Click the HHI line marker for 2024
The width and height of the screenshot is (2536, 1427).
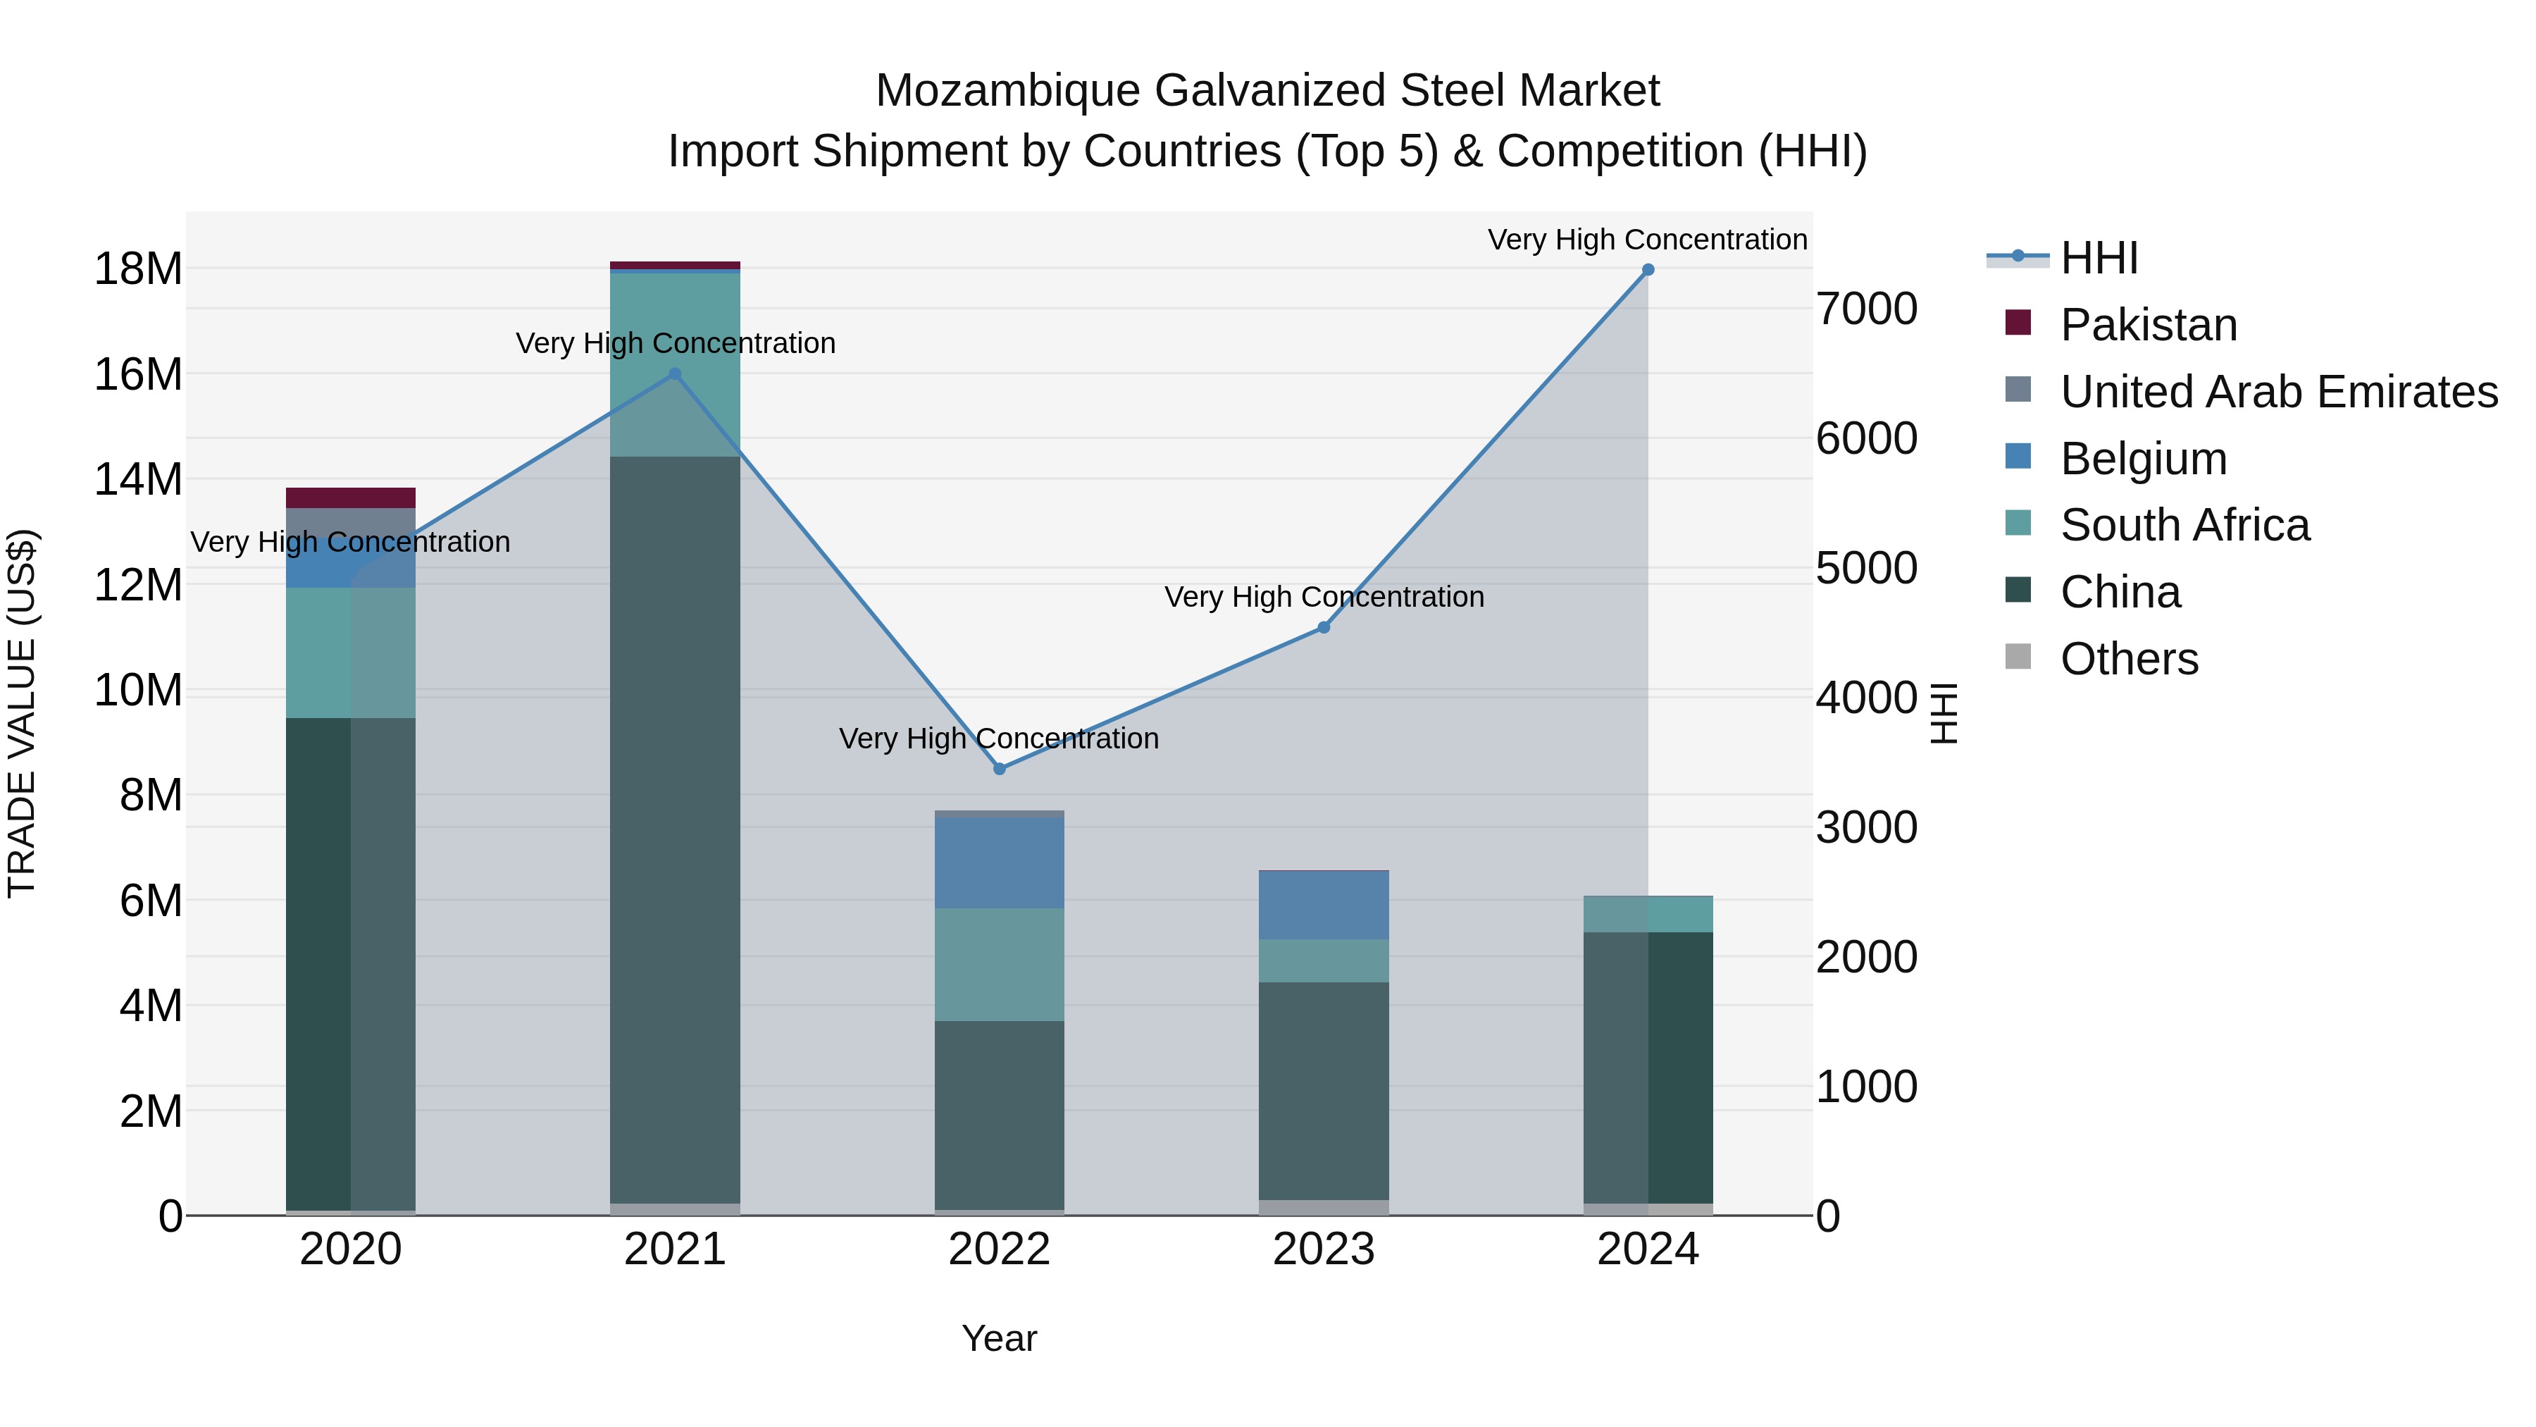tap(1648, 270)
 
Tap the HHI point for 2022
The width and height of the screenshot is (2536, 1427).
tap(999, 769)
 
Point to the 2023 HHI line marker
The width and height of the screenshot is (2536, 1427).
tap(1324, 627)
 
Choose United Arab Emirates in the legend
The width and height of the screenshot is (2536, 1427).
tap(2278, 392)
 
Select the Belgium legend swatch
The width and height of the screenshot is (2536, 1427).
tap(2018, 457)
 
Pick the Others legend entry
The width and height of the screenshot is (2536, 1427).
tap(2128, 659)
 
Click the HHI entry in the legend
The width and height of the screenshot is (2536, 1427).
tap(2099, 258)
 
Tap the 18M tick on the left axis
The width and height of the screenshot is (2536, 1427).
tap(138, 269)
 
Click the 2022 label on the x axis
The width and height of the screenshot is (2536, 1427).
tap(999, 1249)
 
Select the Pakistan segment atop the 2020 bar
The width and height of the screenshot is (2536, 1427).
tap(351, 498)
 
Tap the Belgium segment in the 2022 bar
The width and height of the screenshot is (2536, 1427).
tap(999, 863)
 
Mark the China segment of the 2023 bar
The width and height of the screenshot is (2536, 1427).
tap(1324, 1090)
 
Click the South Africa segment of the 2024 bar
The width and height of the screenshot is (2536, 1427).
tap(1648, 914)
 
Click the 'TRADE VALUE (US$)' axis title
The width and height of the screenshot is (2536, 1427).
tap(22, 713)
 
